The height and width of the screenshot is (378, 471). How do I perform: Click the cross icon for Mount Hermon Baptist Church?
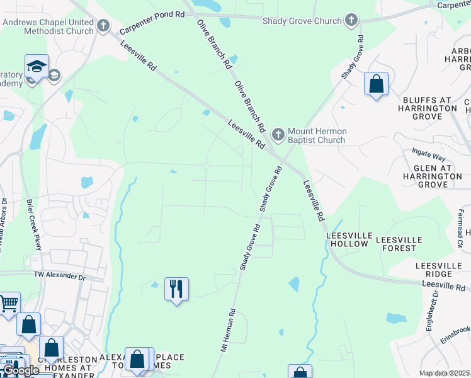click(278, 135)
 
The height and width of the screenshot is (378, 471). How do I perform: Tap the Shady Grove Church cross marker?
click(351, 21)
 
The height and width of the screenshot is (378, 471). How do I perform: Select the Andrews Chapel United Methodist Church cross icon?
click(104, 26)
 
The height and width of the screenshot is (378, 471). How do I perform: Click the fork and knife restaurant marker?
click(176, 289)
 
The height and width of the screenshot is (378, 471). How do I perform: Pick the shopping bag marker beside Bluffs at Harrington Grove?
click(376, 83)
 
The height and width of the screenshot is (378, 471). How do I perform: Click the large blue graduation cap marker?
click(37, 66)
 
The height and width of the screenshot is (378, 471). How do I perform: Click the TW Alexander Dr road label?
click(59, 276)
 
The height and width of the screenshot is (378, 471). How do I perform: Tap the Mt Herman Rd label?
click(227, 329)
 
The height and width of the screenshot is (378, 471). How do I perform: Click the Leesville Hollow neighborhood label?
click(347, 239)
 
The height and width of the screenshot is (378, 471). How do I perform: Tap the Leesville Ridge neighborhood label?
click(443, 270)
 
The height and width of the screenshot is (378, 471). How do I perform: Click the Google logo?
click(21, 370)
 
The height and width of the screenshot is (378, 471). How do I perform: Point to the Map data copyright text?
click(445, 373)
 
